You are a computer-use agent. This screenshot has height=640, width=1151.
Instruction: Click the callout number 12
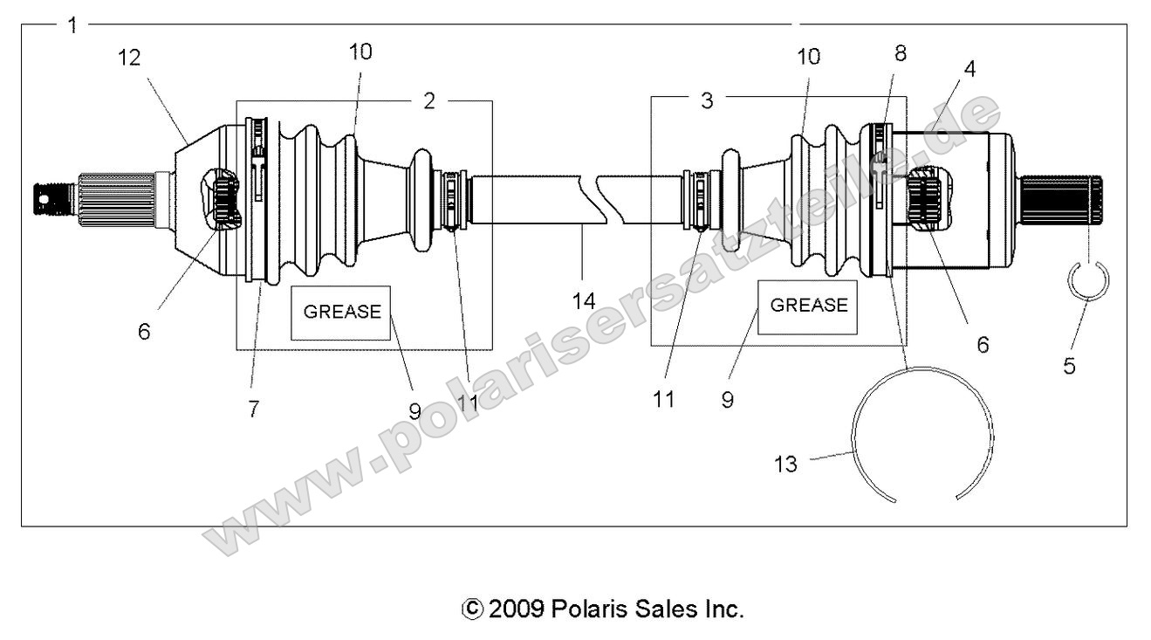(x=130, y=58)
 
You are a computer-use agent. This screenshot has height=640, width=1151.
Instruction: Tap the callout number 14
(x=583, y=301)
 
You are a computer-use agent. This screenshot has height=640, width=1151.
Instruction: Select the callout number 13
(x=785, y=464)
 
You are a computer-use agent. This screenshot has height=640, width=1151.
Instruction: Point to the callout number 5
(x=1068, y=366)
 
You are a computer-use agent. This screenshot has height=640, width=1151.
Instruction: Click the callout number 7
(x=253, y=408)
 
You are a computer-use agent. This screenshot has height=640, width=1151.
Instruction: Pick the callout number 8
(x=900, y=53)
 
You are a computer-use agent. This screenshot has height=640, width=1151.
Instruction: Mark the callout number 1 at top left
(x=72, y=25)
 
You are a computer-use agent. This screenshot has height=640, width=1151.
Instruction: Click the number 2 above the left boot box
(x=428, y=100)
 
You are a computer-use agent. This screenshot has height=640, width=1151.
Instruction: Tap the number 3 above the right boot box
(x=707, y=100)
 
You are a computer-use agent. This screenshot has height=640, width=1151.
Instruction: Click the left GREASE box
(x=341, y=312)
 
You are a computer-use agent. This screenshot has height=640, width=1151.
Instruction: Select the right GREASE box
(x=807, y=306)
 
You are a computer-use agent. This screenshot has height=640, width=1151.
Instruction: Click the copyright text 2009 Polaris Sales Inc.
(x=601, y=608)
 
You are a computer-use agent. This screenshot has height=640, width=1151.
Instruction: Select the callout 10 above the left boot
(x=360, y=52)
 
